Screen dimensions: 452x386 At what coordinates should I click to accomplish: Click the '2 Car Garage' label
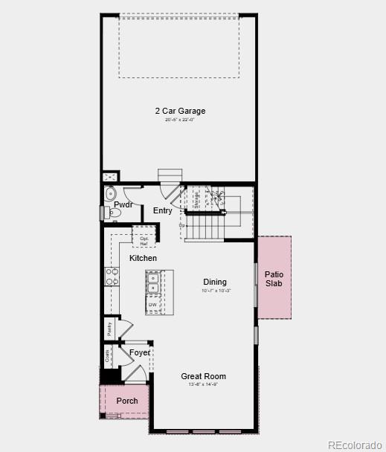tap(180, 111)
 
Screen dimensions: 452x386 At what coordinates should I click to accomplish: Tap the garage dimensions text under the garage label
tap(180, 120)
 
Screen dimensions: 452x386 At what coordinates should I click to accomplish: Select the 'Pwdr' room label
tap(123, 204)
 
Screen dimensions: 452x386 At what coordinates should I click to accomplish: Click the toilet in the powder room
tap(114, 213)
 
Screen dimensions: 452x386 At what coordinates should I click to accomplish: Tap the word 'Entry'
tap(163, 211)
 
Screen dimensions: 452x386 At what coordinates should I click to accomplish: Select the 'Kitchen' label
tap(144, 258)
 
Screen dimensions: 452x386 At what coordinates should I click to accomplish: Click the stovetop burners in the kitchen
tap(112, 277)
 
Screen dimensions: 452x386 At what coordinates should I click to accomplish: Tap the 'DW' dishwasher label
tap(152, 305)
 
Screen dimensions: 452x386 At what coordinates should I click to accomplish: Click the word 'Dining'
tap(215, 282)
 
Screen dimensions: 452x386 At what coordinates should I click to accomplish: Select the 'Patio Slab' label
tap(274, 279)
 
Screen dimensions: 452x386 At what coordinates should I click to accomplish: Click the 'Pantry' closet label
tap(109, 329)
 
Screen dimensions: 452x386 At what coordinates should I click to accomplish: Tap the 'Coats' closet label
tap(109, 356)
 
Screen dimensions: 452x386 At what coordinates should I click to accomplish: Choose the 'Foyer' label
tap(140, 352)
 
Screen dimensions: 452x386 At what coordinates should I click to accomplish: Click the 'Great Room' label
tap(203, 376)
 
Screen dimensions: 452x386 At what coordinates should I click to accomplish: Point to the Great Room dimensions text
tap(203, 385)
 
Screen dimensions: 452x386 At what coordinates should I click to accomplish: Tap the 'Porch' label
tap(127, 401)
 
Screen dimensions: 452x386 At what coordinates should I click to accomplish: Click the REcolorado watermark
tap(353, 445)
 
